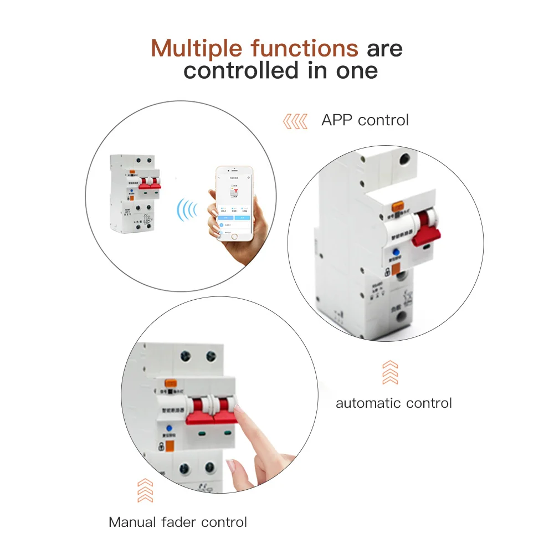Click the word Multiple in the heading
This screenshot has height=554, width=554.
pos(197,48)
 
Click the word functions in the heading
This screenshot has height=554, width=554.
pos(304,48)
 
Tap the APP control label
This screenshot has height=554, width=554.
pos(365,120)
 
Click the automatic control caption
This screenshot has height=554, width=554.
pos(394,403)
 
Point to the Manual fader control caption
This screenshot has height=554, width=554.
pos(178,522)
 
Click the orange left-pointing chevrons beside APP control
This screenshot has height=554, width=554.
pos(295,121)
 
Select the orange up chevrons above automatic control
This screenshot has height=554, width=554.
pos(390,372)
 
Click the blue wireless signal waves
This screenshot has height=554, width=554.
pos(187,210)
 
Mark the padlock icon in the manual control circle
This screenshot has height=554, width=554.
pos(167,447)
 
